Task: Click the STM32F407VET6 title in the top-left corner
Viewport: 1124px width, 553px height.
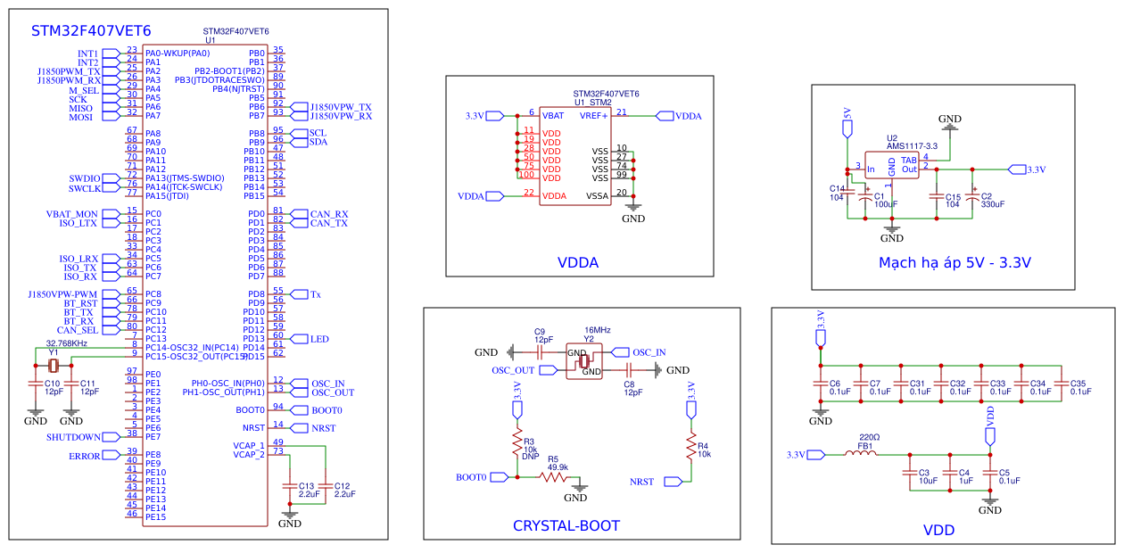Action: [x=91, y=30]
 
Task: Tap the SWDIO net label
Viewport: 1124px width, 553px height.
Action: [x=85, y=178]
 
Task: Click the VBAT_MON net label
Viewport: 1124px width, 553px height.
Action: [x=72, y=214]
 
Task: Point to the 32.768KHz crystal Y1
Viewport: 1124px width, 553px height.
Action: [x=54, y=365]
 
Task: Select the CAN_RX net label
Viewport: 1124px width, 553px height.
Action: [x=328, y=214]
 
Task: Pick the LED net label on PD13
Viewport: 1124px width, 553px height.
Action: [x=319, y=339]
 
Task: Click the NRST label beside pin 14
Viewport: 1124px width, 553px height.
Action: [x=323, y=428]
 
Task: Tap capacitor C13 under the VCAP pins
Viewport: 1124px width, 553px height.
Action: [x=288, y=489]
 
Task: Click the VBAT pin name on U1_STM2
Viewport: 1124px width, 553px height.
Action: [x=552, y=116]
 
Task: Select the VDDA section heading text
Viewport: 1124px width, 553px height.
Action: [x=577, y=263]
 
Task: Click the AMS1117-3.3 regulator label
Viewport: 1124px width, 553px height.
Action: [x=912, y=146]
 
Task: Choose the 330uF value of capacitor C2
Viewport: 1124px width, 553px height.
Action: [x=992, y=204]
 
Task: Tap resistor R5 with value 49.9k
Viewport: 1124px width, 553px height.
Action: [x=554, y=477]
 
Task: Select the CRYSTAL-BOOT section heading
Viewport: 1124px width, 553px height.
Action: [x=566, y=525]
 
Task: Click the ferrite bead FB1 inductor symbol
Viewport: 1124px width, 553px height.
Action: [x=861, y=454]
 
